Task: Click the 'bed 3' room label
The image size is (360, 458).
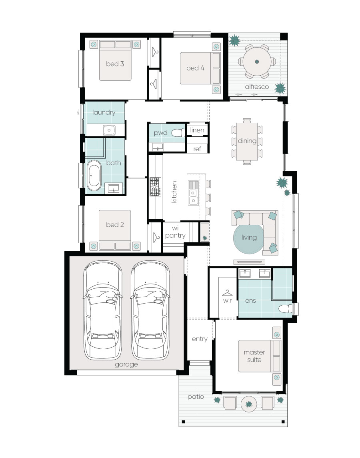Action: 115,64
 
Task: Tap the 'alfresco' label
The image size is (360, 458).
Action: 257,86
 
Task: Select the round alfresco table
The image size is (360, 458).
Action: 257,62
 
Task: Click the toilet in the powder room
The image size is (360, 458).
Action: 178,133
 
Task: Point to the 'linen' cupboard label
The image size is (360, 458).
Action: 197,130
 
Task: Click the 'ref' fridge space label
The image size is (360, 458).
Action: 197,149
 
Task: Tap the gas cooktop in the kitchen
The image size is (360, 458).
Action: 155,187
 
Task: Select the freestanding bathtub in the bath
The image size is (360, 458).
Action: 94,175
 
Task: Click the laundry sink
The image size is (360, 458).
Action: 109,130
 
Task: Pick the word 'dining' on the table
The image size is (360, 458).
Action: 247,141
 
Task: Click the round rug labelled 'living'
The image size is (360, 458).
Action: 249,238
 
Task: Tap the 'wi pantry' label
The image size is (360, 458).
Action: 175,232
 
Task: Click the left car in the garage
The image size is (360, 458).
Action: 102,310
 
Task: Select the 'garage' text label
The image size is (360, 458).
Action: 126,364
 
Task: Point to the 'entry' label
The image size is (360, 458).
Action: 200,339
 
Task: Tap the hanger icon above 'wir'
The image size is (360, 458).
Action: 227,293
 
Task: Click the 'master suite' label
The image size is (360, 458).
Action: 254,356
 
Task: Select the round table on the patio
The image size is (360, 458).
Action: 249,404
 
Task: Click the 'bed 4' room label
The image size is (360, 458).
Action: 195,68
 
